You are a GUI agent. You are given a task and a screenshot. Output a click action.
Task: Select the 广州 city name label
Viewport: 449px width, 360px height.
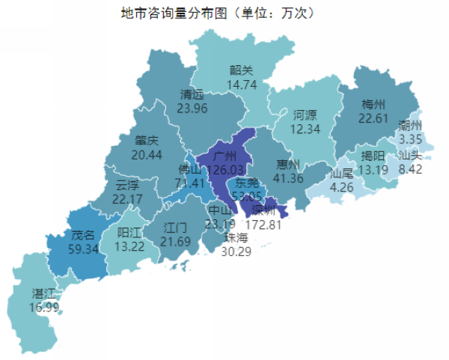click(225, 156)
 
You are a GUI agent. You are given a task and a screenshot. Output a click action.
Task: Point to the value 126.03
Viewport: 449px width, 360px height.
click(225, 170)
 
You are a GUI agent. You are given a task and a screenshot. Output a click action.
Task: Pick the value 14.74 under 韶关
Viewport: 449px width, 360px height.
click(242, 85)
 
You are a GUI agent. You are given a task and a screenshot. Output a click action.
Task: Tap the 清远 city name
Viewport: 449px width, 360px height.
click(192, 94)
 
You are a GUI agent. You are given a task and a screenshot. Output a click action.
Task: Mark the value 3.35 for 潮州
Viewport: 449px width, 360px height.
click(411, 138)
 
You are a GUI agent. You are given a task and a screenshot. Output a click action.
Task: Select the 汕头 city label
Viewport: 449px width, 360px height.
click(410, 155)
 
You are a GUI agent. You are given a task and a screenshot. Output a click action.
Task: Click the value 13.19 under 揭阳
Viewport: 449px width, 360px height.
click(373, 170)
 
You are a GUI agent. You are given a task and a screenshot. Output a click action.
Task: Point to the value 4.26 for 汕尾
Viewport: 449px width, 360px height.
click(341, 187)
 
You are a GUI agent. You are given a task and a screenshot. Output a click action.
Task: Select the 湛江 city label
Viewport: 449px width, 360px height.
click(43, 292)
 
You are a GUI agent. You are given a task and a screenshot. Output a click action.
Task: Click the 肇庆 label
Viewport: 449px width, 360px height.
click(147, 140)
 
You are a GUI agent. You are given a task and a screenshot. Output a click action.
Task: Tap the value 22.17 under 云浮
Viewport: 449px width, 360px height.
click(127, 198)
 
